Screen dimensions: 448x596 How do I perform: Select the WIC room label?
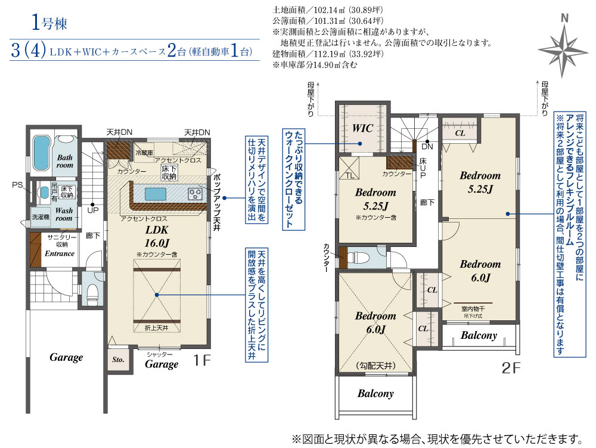pyautogui.click(x=362, y=128)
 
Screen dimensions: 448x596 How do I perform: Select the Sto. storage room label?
pyautogui.click(x=117, y=360)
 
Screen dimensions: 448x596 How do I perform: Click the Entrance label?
pyautogui.click(x=60, y=253)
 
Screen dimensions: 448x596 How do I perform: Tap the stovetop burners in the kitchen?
pyautogui.click(x=195, y=193)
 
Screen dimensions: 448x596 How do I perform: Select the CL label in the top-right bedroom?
pyautogui.click(x=460, y=133)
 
